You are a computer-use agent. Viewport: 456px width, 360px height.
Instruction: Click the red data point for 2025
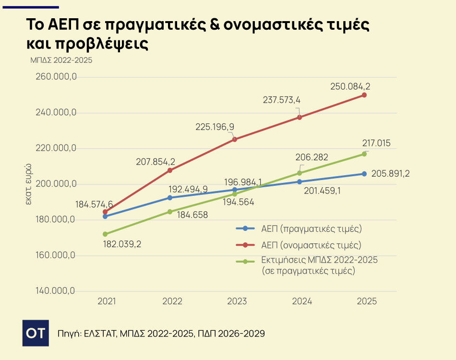click(x=364, y=95)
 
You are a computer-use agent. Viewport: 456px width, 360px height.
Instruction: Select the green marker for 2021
click(x=105, y=234)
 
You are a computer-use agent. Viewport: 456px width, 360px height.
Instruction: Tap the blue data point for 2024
click(x=300, y=182)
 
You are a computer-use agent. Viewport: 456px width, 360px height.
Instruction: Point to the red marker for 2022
click(x=170, y=170)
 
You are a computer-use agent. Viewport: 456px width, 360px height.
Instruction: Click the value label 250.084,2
click(x=350, y=87)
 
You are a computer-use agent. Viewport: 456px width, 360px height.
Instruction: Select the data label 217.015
click(x=377, y=143)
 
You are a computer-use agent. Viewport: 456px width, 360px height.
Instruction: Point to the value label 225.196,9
click(x=215, y=127)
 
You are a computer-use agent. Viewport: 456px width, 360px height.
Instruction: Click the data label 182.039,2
click(x=122, y=244)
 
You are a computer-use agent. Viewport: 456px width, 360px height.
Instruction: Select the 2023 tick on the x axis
click(x=237, y=301)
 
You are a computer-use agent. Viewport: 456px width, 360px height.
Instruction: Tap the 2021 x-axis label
click(x=107, y=301)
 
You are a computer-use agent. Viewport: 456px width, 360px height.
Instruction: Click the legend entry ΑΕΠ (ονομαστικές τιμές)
click(x=311, y=245)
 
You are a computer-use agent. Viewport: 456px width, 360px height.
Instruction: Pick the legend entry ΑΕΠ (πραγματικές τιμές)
click(x=311, y=228)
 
